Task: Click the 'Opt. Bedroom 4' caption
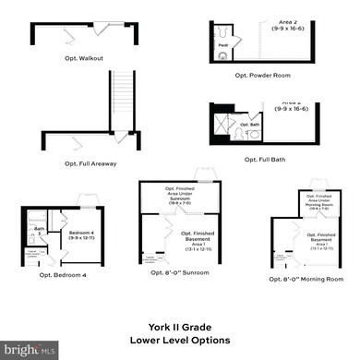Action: point(61,274)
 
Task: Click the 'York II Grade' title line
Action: point(179,325)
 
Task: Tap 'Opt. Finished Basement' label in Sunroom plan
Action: point(199,239)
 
